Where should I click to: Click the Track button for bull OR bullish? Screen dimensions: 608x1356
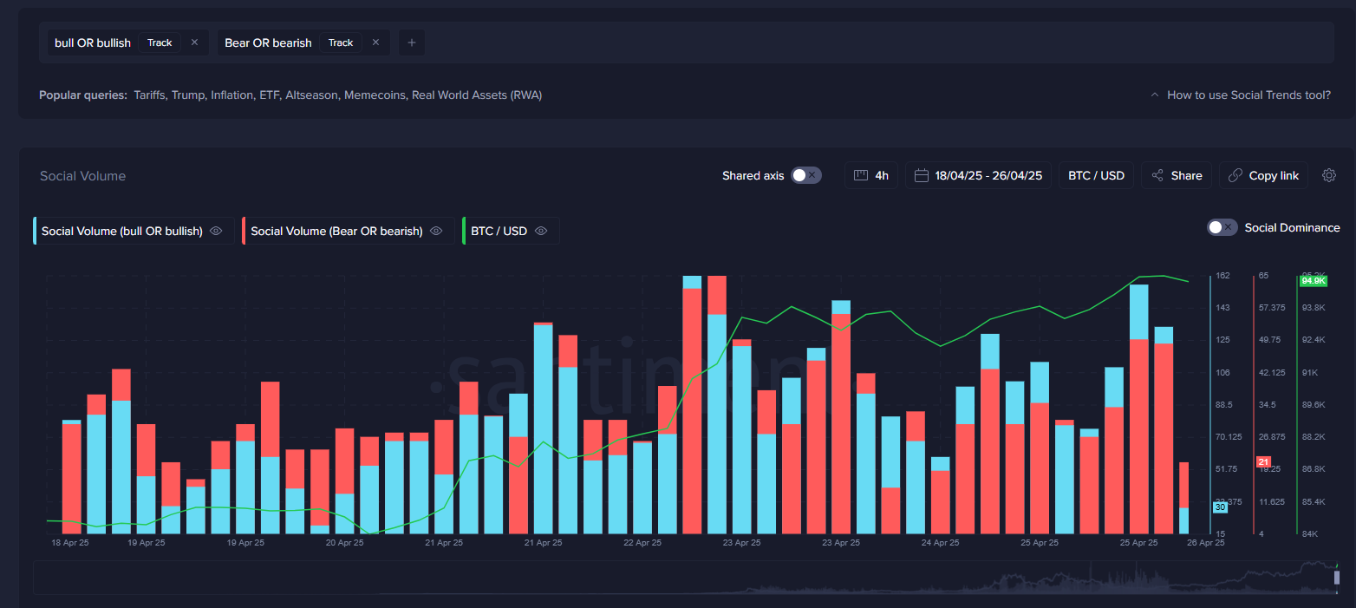(160, 42)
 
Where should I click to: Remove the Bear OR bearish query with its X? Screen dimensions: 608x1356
(375, 42)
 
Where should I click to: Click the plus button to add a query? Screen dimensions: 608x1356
(412, 42)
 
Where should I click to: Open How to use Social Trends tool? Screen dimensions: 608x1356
(1248, 95)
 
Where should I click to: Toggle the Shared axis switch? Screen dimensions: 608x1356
(805, 175)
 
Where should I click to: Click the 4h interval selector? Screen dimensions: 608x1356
(871, 175)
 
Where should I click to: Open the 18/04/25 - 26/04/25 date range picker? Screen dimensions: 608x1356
(979, 175)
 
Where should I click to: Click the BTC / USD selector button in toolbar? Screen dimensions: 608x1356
(1096, 175)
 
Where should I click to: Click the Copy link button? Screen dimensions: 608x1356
(1263, 175)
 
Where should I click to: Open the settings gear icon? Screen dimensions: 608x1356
(1329, 175)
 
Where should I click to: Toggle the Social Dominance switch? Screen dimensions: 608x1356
(1222, 227)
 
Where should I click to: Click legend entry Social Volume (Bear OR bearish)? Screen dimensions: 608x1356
(336, 231)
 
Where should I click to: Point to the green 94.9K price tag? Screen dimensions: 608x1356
(1314, 281)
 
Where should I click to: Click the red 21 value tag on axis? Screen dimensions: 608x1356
(1263, 461)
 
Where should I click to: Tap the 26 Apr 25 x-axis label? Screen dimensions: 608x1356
(1205, 543)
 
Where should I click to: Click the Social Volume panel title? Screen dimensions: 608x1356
(82, 176)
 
